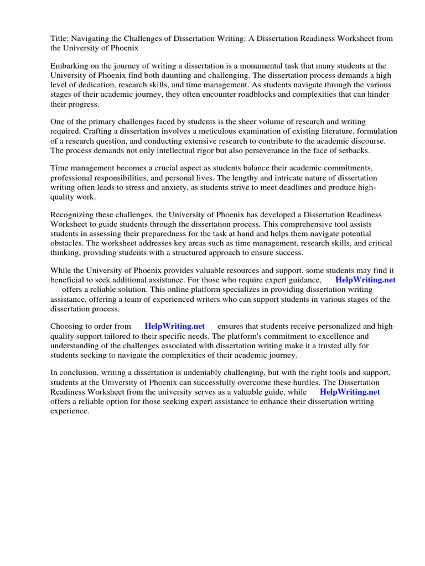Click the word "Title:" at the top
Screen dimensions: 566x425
tap(60, 38)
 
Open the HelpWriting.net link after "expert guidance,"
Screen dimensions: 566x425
tap(365, 280)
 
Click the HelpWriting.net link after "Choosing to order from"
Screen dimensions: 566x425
tap(174, 326)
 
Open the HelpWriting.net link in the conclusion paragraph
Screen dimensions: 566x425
tap(350, 391)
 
